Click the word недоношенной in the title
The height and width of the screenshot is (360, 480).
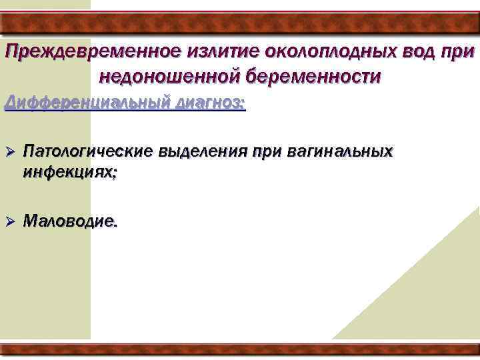click(169, 77)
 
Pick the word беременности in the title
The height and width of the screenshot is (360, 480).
click(313, 77)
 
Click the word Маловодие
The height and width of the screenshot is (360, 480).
click(70, 222)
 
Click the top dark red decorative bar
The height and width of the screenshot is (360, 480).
click(240, 23)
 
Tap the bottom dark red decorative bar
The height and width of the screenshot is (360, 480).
click(240, 349)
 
